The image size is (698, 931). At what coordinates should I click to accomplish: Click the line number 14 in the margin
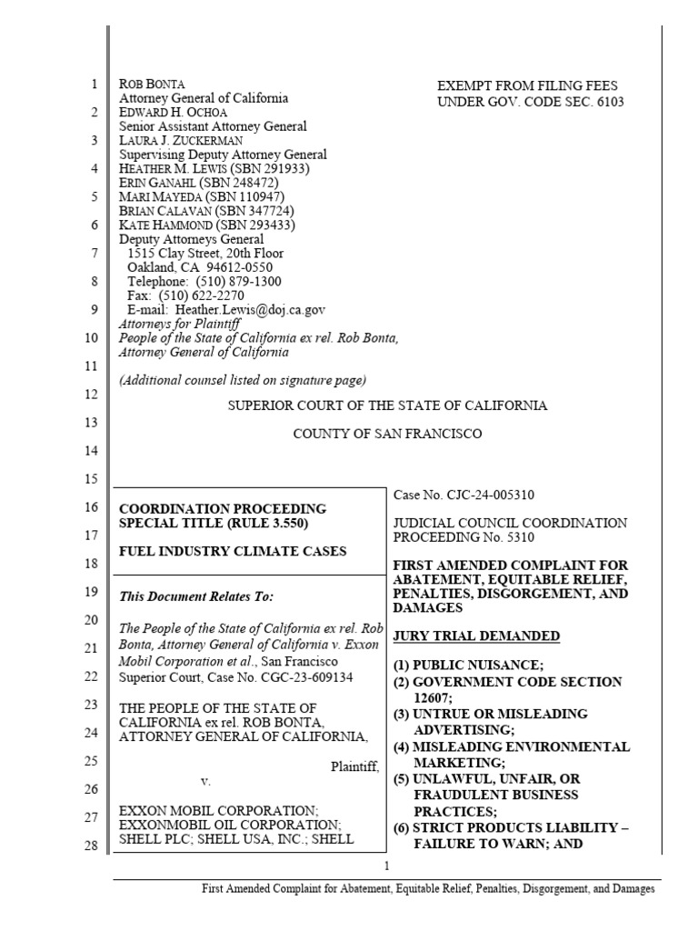95,451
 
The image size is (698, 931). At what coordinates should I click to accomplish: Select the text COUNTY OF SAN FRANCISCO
387,435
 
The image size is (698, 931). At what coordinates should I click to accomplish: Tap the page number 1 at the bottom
386,866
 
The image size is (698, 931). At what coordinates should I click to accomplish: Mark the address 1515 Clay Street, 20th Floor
205,254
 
